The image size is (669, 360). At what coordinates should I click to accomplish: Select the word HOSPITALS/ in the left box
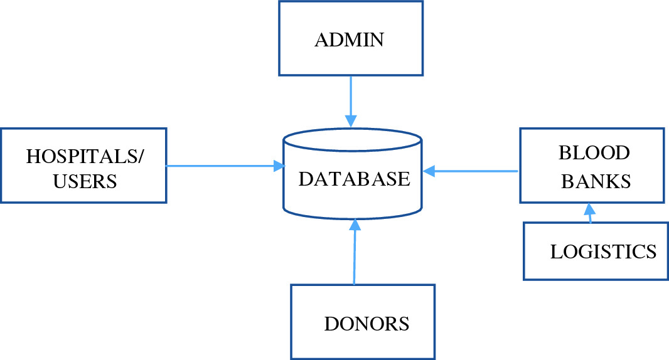click(85, 157)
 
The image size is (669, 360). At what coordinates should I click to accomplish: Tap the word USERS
click(85, 182)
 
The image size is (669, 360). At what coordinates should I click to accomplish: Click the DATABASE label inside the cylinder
click(354, 179)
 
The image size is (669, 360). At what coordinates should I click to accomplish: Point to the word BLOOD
click(594, 153)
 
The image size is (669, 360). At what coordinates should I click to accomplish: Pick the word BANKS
click(595, 181)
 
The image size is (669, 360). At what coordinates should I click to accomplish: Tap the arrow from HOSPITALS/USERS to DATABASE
click(220, 166)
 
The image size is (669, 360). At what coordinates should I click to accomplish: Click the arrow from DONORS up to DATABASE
click(355, 251)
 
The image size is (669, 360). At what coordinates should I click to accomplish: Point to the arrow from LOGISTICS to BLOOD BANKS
click(589, 213)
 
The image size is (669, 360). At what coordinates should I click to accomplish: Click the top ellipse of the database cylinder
click(352, 139)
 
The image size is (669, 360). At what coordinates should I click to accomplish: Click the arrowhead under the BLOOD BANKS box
click(589, 207)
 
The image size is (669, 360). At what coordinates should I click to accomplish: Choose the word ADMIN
click(349, 41)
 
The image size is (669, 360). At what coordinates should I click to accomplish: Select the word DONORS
click(367, 325)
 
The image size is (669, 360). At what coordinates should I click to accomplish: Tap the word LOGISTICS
click(603, 252)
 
